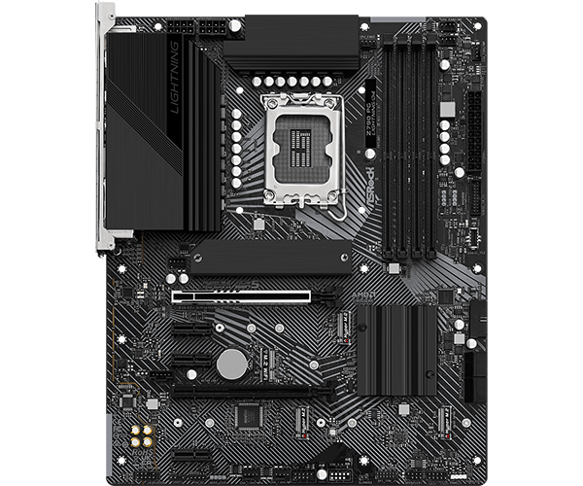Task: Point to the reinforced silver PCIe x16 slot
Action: (x=242, y=296)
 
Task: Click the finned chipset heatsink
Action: (x=396, y=349)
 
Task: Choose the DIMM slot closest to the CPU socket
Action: (x=386, y=146)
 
